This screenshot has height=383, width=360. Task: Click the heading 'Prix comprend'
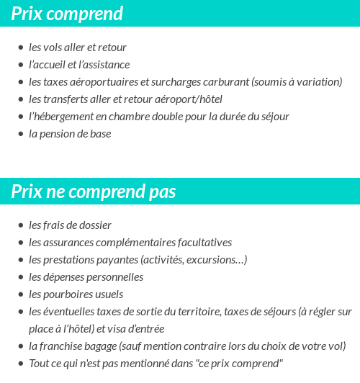point(67,14)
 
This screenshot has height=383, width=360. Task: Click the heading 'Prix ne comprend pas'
point(94,192)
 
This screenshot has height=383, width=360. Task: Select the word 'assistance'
point(106,65)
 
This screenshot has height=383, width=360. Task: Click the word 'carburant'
point(222,82)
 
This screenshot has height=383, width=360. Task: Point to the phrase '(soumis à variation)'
point(297,82)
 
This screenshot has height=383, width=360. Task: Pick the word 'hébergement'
point(67,117)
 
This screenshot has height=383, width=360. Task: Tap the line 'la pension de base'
point(70,134)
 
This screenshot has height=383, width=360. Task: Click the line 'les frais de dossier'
point(70,225)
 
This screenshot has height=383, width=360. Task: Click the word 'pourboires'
point(68,294)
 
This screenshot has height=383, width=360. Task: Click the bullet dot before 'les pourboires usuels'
point(21,294)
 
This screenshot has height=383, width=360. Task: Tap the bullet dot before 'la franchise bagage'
point(21,346)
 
